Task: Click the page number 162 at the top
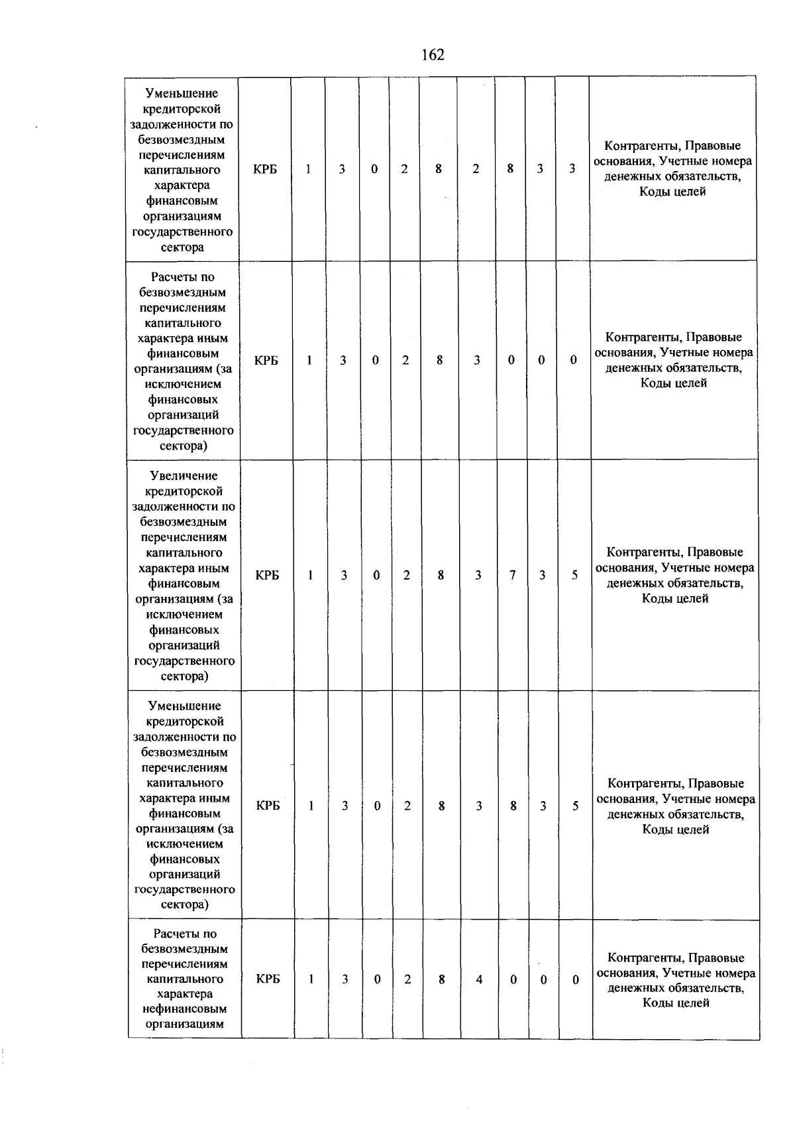433,55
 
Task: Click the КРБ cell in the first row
265,170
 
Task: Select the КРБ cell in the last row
268,979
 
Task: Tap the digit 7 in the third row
512,576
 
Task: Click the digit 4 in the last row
479,979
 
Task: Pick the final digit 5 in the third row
575,576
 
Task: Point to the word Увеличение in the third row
184,476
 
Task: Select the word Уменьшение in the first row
182,93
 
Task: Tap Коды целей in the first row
672,192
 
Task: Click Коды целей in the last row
676,1003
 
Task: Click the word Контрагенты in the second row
642,337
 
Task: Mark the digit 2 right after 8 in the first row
476,169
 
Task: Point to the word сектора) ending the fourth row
185,904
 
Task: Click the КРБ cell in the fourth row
268,806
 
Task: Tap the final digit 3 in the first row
572,169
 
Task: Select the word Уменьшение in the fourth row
185,706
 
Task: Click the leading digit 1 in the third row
310,576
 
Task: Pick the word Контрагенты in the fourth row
644,784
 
